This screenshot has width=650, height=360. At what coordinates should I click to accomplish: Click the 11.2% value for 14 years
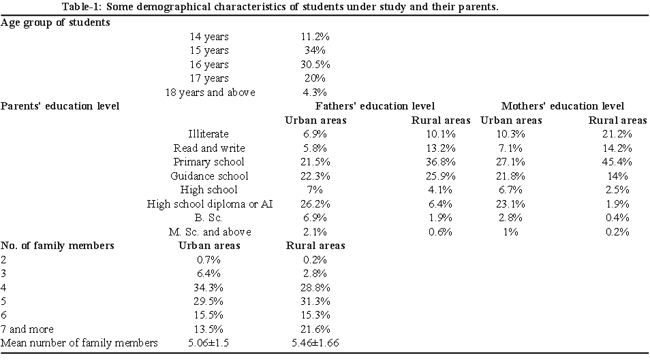tap(315, 37)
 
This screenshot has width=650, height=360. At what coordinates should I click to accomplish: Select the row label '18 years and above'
tap(210, 92)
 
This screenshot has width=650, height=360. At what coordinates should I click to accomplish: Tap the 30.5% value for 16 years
tap(315, 65)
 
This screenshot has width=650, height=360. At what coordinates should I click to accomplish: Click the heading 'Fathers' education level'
tap(375, 107)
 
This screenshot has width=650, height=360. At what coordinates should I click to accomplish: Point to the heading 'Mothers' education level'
tap(563, 107)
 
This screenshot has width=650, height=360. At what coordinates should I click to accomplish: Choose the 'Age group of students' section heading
tap(55, 23)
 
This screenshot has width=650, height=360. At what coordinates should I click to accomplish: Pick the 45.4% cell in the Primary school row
tap(617, 162)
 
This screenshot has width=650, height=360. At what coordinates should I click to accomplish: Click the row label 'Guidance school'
tap(209, 176)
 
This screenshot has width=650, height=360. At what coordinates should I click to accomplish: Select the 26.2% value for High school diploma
tap(315, 204)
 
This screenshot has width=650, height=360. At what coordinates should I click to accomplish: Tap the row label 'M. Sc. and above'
tap(210, 232)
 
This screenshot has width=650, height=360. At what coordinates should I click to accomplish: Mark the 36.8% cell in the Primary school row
tap(440, 162)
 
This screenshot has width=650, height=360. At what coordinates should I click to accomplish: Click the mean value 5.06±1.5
tap(209, 343)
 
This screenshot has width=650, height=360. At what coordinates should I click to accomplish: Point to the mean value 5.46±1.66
tap(315, 343)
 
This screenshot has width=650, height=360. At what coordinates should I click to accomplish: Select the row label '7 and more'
tap(27, 329)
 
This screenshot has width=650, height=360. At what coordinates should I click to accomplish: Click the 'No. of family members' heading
tap(57, 246)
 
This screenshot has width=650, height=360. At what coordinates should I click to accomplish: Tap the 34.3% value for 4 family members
tap(209, 287)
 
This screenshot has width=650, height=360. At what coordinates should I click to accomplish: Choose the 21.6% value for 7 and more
tap(315, 329)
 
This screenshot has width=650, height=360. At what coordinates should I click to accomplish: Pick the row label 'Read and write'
tap(209, 148)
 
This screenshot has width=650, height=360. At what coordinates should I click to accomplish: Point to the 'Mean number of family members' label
tap(79, 343)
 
